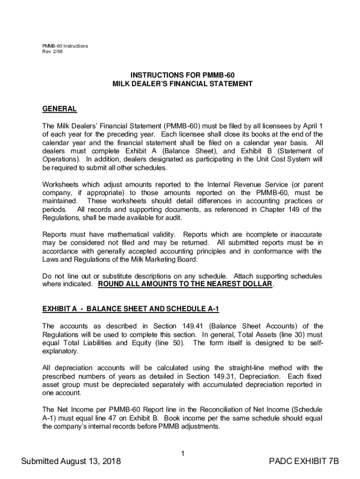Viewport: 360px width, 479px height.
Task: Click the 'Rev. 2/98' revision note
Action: [x=52, y=51]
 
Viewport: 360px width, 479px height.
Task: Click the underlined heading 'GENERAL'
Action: [x=59, y=109]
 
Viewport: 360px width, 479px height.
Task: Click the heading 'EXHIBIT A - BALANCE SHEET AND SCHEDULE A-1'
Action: [x=130, y=309]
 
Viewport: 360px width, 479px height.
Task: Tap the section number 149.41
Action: [x=189, y=326]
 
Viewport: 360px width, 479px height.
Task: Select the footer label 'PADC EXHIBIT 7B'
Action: [x=304, y=462]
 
